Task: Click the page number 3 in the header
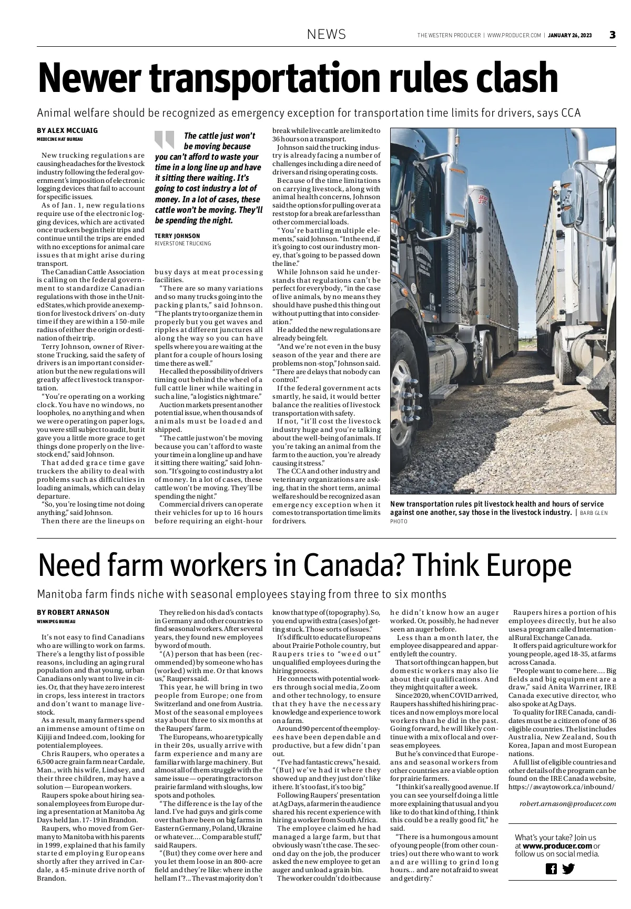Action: coord(612,35)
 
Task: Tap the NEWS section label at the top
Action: coord(327,35)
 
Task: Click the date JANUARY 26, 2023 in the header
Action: coord(569,35)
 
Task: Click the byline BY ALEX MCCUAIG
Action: coord(67,131)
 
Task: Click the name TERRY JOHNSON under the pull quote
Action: coord(177,236)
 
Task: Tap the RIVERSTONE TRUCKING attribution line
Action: coord(183,244)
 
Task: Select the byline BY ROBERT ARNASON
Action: coord(73,613)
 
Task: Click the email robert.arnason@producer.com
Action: coord(567,803)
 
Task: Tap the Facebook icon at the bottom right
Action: coord(551,869)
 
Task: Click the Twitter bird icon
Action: coord(568,869)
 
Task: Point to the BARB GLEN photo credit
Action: coord(593,512)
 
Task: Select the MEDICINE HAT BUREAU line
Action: coord(60,139)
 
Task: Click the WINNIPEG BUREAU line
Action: coord(56,622)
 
